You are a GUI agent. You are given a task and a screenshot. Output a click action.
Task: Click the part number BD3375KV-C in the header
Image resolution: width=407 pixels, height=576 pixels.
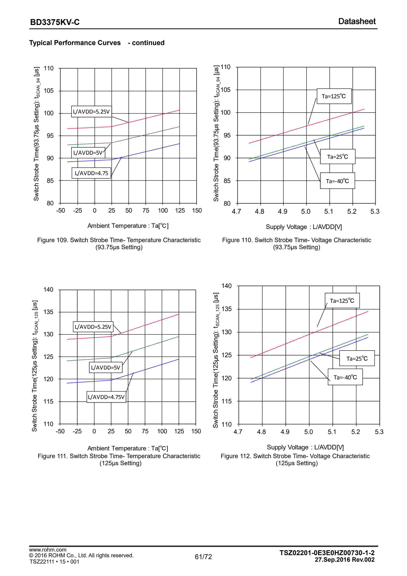click(55, 22)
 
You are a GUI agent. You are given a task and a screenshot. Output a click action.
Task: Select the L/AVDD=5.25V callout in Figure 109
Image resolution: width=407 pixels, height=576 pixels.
click(91, 112)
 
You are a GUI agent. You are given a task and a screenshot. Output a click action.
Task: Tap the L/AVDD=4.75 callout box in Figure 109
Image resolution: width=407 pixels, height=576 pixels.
click(91, 173)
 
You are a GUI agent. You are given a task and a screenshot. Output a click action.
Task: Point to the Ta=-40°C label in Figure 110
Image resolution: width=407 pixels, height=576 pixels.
click(337, 181)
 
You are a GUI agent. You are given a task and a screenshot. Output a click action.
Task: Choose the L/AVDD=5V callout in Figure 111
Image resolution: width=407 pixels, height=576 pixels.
click(106, 368)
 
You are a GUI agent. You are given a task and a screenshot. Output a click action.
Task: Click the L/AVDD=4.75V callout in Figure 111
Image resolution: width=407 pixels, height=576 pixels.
click(106, 397)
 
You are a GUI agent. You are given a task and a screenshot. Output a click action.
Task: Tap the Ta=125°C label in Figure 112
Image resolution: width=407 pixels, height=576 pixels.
click(342, 300)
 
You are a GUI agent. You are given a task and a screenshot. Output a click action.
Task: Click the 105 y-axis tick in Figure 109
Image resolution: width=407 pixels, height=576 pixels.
click(49, 91)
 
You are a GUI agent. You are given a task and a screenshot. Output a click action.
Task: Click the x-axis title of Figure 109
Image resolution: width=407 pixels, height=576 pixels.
click(128, 226)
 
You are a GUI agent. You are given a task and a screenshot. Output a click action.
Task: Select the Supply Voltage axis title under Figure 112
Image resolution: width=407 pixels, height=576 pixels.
click(305, 447)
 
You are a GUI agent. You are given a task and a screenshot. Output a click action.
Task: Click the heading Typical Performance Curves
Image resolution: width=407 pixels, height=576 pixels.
click(75, 43)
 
